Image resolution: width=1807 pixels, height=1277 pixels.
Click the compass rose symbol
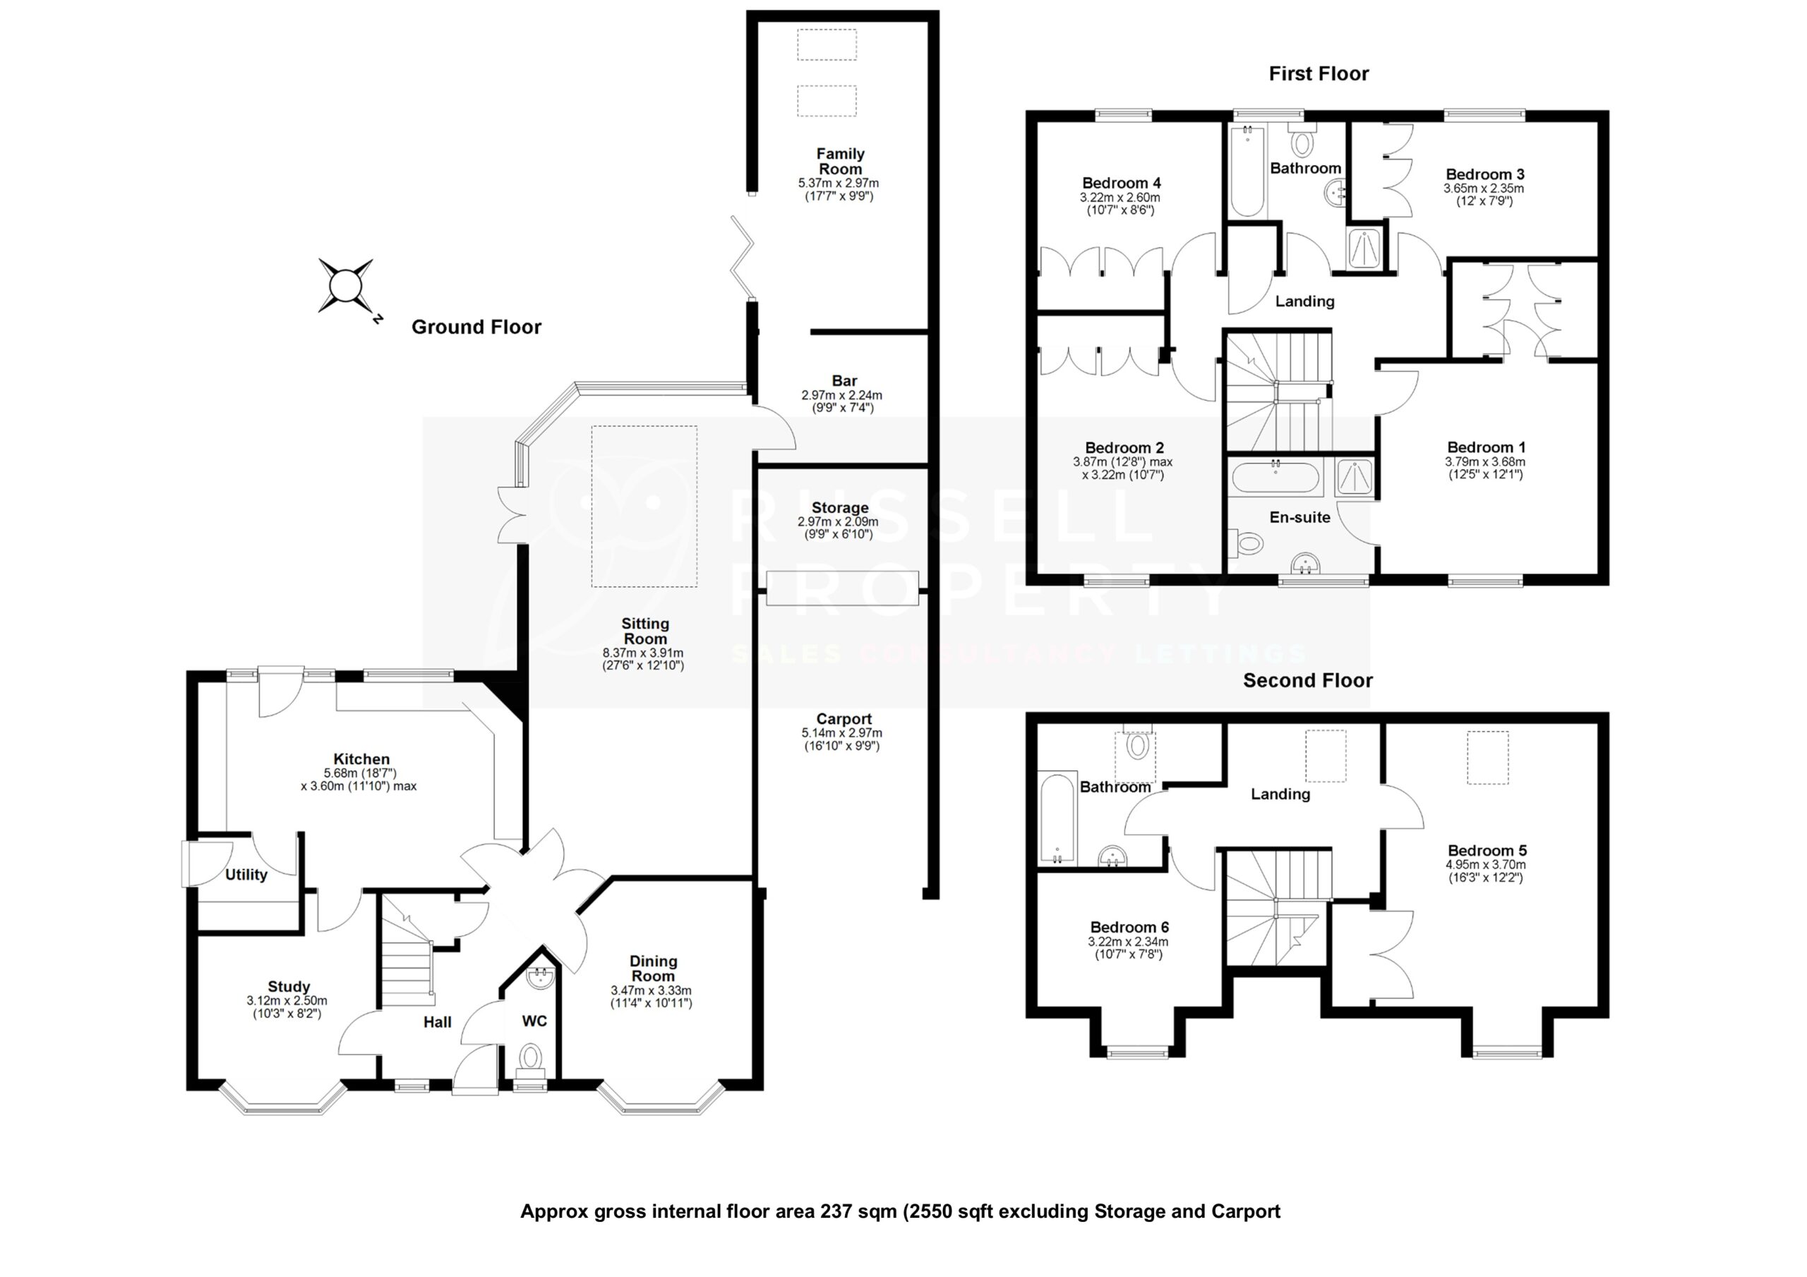(344, 286)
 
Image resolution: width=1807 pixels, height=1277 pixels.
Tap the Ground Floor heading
(476, 327)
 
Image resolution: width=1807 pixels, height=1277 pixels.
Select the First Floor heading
(1319, 74)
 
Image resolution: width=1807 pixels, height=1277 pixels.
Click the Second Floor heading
(1307, 681)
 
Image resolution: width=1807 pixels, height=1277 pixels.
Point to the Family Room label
(840, 162)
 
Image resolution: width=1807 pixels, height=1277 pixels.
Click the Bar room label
(844, 381)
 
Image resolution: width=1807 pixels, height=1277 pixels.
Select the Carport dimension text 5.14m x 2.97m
(841, 732)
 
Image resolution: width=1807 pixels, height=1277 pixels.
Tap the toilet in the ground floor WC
(532, 1056)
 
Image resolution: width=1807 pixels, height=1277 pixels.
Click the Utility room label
(246, 875)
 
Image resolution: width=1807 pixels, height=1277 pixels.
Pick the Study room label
(289, 986)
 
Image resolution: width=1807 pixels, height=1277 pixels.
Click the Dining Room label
(652, 969)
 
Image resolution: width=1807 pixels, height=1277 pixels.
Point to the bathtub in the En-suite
(1275, 478)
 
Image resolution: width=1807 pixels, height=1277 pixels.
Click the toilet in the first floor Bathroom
(1302, 145)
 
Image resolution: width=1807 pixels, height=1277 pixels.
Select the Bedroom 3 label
(1484, 175)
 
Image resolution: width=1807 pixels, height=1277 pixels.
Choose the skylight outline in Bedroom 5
(1487, 758)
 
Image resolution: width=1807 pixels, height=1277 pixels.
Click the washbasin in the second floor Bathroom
(1112, 856)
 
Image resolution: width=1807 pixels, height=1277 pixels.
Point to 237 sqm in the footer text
(858, 1211)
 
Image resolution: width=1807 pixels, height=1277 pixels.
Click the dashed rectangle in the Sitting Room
(644, 506)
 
